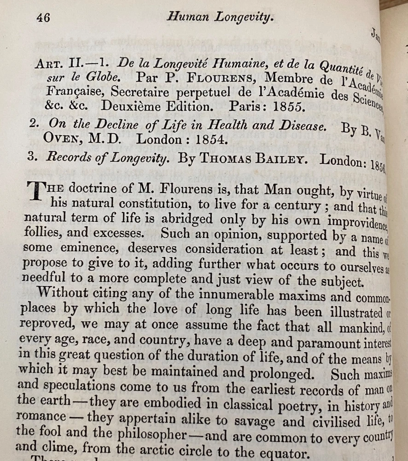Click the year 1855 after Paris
tap(288, 107)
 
